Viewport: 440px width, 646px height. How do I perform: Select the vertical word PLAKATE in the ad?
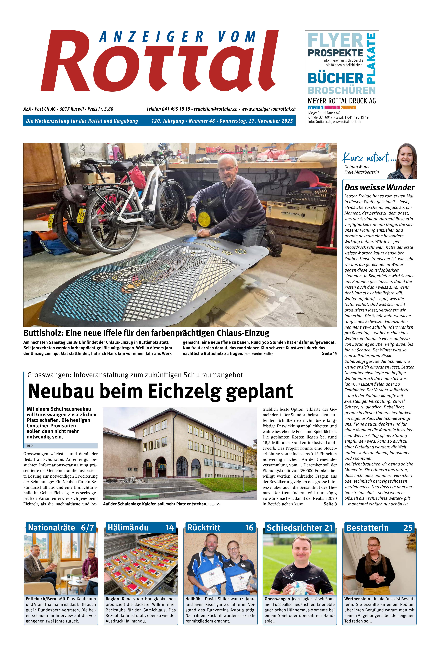point(372,58)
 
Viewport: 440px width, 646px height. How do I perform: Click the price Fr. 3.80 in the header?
point(106,109)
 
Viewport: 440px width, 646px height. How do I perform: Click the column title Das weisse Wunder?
point(379,187)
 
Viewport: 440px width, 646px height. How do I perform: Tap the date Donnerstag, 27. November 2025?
point(256,121)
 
